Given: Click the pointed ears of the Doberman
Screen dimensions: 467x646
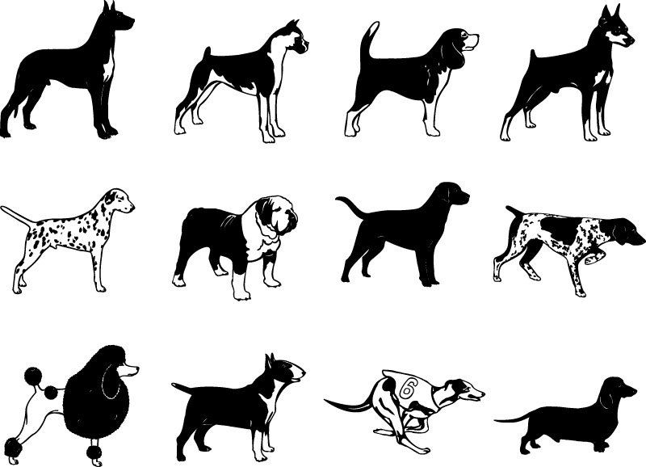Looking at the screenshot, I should point(605,15).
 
